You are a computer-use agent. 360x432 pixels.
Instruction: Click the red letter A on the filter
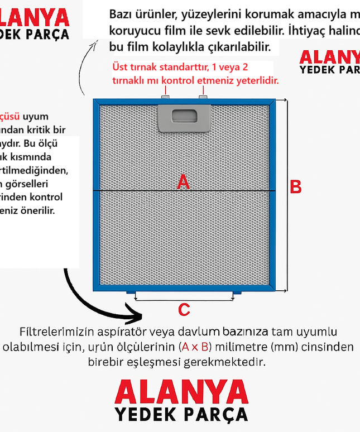[x=183, y=182]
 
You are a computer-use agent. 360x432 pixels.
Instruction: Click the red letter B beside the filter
[x=296, y=187]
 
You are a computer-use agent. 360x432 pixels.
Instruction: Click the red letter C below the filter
[x=184, y=310]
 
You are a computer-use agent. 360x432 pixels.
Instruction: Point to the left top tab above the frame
[x=165, y=98]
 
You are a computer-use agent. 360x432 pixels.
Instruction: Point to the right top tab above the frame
[x=203, y=98]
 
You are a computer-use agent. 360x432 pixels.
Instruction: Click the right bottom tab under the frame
[x=237, y=294]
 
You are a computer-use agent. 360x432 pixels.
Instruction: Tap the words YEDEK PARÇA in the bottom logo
[x=181, y=415]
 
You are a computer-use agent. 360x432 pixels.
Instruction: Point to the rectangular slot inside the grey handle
[x=184, y=116]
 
